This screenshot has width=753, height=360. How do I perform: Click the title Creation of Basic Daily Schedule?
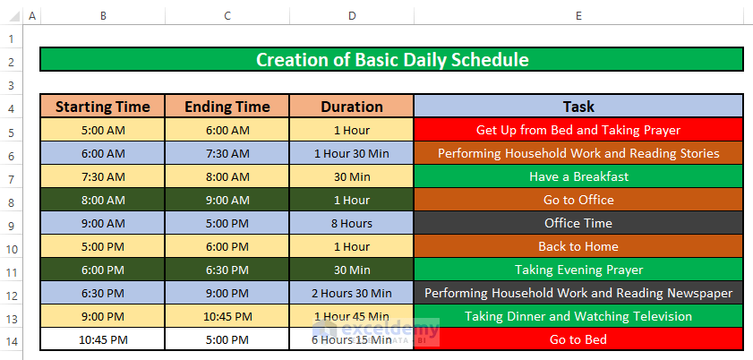(x=392, y=59)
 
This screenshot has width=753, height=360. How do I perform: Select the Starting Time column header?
(x=102, y=106)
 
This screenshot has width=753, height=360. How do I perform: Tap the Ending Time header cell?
(x=227, y=106)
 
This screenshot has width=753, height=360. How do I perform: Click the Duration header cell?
(x=352, y=106)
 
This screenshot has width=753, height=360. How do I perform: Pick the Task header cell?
(x=578, y=106)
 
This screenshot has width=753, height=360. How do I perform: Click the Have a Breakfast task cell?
(x=578, y=176)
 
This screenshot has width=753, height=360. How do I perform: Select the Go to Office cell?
(x=578, y=200)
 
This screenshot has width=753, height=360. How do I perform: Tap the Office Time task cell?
(x=578, y=223)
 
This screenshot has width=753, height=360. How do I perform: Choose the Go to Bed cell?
(x=578, y=339)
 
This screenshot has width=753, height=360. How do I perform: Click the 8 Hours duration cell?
(x=352, y=223)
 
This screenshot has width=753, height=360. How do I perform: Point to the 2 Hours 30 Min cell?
(x=352, y=293)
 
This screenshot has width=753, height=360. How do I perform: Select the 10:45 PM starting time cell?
(x=102, y=339)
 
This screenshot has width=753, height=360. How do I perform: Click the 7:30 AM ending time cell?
(x=227, y=153)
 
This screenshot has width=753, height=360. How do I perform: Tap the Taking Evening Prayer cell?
(x=578, y=270)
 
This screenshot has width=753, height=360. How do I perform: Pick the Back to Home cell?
(x=578, y=247)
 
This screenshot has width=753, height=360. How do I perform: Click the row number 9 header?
(x=12, y=224)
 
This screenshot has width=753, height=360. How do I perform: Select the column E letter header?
(x=578, y=16)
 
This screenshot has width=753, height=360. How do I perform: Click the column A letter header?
(x=32, y=16)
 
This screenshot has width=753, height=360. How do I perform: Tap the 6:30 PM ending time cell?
(x=227, y=270)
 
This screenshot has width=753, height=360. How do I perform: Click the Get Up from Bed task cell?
(x=578, y=130)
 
